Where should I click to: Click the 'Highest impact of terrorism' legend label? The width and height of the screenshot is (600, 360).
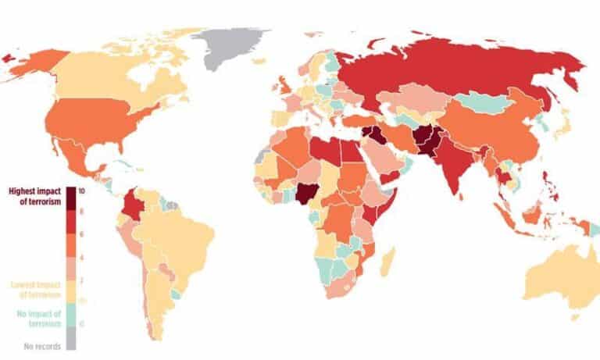point(35,194)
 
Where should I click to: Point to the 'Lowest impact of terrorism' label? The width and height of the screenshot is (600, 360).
point(35,289)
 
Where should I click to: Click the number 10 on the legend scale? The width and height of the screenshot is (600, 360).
point(82,191)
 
